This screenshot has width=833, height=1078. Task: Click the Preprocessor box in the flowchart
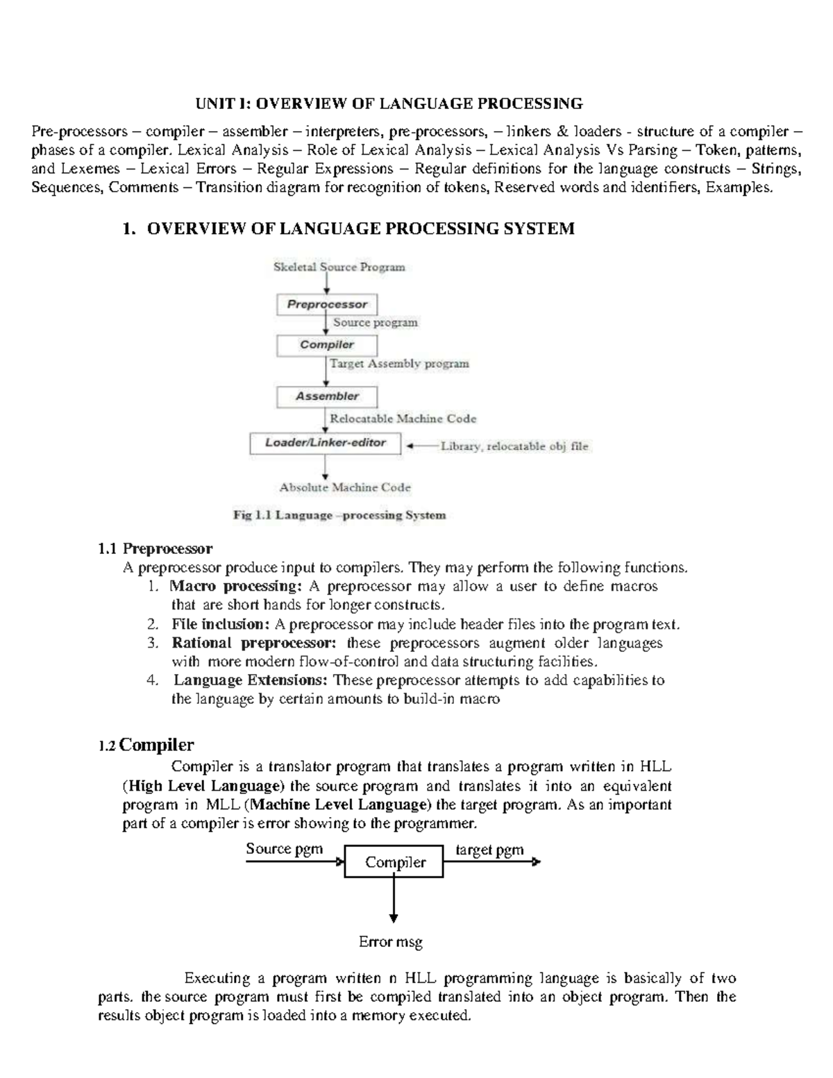(x=327, y=304)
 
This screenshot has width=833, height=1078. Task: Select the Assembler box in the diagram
(x=327, y=396)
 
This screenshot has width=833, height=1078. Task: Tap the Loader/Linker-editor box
(x=325, y=443)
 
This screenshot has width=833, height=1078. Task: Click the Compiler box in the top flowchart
(x=327, y=345)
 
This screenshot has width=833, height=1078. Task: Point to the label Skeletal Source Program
(x=339, y=267)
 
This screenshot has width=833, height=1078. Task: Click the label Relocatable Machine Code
(x=403, y=419)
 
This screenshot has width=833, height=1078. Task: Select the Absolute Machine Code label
(x=345, y=487)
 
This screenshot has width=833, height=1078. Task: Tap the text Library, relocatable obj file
(x=514, y=446)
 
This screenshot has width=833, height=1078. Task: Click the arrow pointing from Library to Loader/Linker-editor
(x=421, y=446)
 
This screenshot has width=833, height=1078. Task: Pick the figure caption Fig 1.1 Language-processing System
(x=339, y=515)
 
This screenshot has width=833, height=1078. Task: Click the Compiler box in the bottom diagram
(x=394, y=862)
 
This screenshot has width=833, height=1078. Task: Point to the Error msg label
(x=390, y=942)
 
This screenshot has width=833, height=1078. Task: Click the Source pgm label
(x=285, y=849)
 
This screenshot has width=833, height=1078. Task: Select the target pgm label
(x=489, y=850)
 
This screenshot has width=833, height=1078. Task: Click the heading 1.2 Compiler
(x=146, y=746)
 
